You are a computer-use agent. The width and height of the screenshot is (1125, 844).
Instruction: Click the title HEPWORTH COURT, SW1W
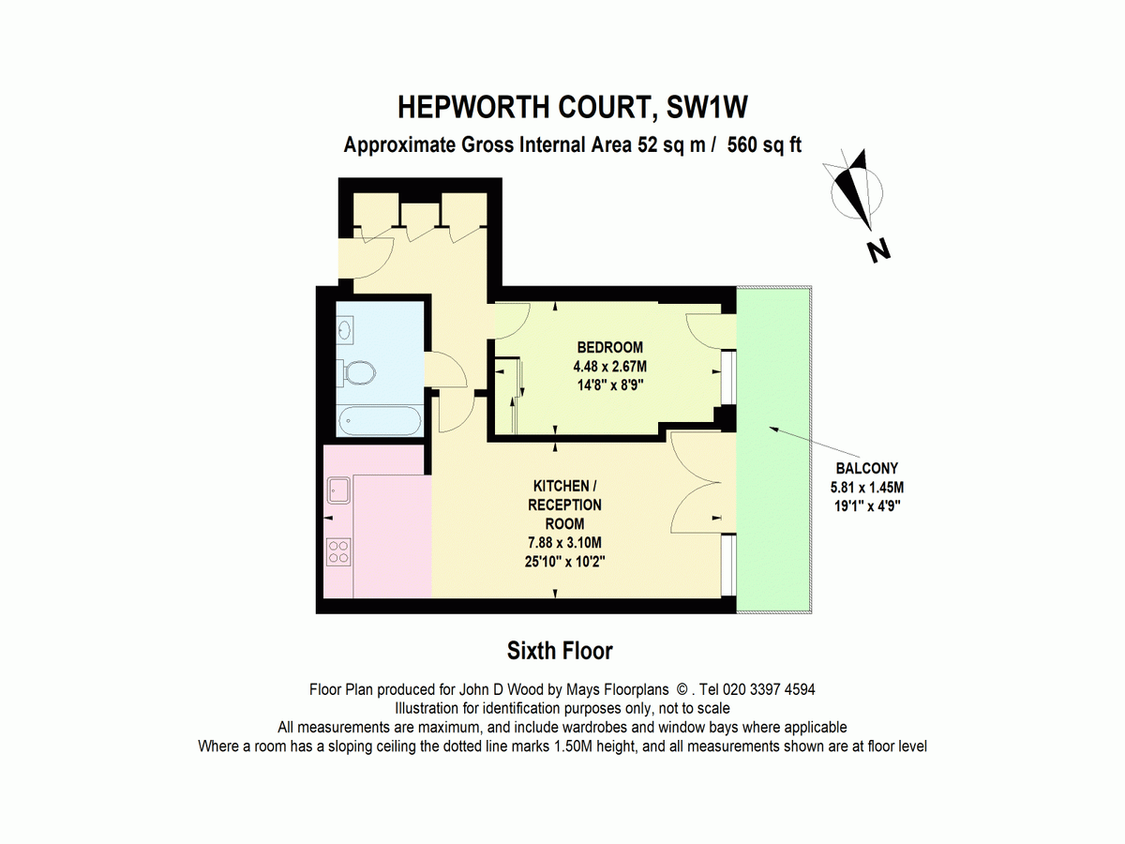tap(573, 107)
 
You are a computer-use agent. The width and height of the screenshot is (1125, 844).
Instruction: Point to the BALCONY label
tap(867, 469)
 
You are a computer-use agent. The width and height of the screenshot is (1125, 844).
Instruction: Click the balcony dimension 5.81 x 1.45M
tap(867, 487)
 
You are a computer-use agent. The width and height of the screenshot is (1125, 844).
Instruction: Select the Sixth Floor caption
tap(560, 650)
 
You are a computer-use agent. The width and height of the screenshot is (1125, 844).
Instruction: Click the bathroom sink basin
tap(346, 329)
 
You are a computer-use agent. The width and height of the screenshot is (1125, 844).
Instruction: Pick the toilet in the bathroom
tap(357, 374)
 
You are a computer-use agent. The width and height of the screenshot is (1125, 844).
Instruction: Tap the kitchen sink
tap(337, 489)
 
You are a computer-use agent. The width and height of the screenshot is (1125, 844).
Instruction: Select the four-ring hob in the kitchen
tap(337, 550)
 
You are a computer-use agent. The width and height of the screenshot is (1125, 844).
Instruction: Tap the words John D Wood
tap(487, 689)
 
